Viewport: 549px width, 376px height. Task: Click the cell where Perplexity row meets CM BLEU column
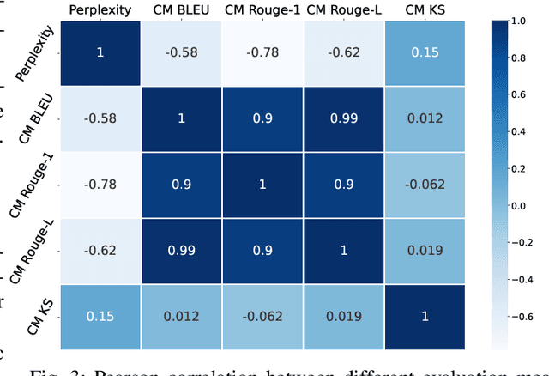tap(181, 53)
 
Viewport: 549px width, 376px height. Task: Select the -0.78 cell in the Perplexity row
tap(262, 53)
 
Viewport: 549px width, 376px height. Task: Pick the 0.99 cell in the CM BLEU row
tap(344, 118)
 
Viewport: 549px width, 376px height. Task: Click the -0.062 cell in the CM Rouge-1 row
tap(425, 184)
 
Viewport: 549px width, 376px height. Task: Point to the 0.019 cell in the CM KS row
tap(344, 316)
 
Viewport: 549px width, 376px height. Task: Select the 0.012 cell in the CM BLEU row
tap(425, 118)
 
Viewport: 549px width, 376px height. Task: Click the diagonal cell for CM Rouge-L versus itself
tap(344, 250)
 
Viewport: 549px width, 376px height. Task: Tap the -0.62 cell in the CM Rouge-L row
tap(100, 250)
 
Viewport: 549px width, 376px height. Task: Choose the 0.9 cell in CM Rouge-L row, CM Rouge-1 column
tap(262, 250)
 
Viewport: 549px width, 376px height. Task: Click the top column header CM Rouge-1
tap(262, 9)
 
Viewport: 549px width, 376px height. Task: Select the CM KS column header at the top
tap(425, 9)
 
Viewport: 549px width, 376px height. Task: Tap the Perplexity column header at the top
tap(100, 9)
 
